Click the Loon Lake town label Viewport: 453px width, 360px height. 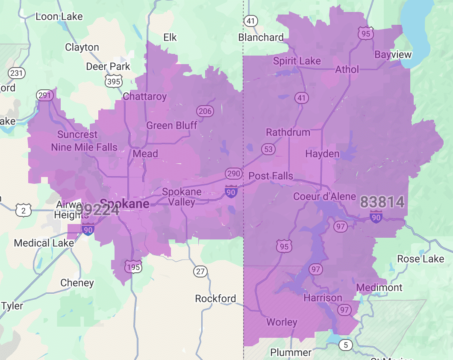[x=59, y=17]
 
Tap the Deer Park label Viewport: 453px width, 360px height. [x=108, y=67]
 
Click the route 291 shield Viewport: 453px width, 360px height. [x=45, y=95]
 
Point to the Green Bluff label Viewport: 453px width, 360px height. [x=172, y=125]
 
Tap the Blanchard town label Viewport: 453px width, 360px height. [x=261, y=38]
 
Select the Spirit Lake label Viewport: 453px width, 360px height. [x=297, y=61]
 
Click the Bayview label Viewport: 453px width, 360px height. [x=393, y=55]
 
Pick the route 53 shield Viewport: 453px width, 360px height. [x=269, y=149]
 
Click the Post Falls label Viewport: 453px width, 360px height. [x=271, y=176]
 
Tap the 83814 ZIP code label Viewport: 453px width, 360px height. [x=382, y=202]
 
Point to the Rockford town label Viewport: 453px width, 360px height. [x=215, y=298]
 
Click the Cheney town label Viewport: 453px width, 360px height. [x=77, y=283]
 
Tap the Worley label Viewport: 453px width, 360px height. [x=282, y=322]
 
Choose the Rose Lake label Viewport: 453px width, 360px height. [x=421, y=259]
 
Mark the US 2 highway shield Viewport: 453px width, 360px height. [x=23, y=210]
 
